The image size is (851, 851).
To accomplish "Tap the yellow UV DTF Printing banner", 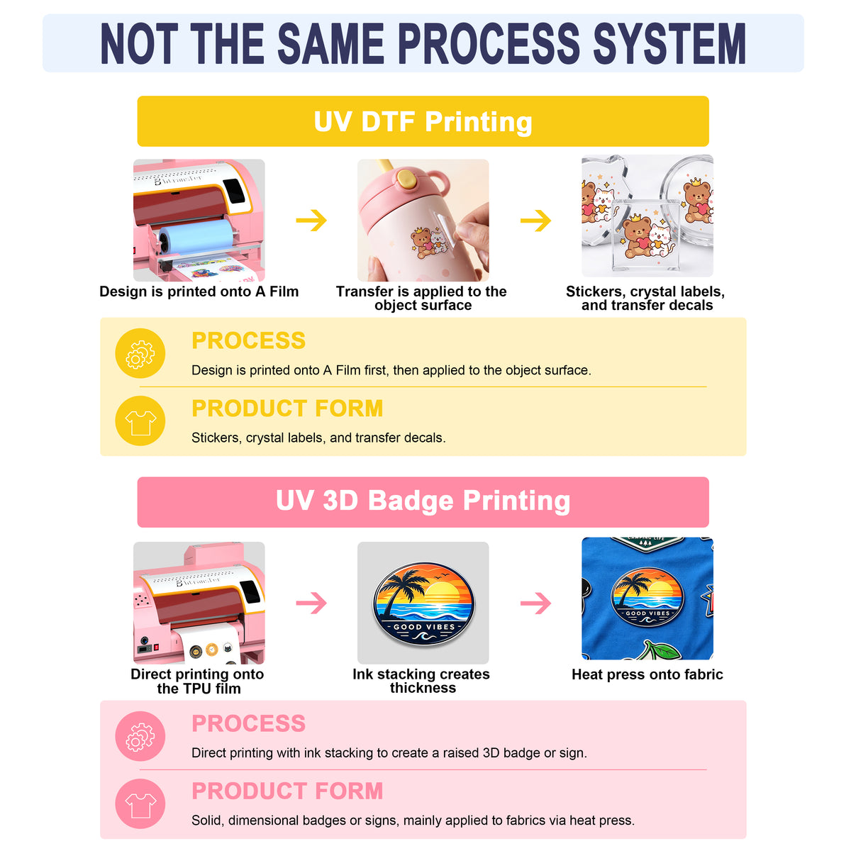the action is tap(423, 121).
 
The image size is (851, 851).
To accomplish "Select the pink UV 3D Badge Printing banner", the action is tap(423, 501).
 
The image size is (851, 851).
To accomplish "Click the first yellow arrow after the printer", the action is tap(311, 220).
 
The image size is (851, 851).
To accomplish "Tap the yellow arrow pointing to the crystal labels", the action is tap(535, 220).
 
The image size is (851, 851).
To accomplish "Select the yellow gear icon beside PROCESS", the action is tap(140, 353).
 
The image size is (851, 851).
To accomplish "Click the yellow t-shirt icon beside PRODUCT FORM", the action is tap(140, 421).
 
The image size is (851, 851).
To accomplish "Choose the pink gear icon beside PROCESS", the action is tap(140, 736).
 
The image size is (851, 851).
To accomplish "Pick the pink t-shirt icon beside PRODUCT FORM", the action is tap(140, 803).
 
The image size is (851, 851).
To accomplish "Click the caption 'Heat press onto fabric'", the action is tap(647, 674).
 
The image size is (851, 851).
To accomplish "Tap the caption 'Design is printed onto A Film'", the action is tap(199, 291).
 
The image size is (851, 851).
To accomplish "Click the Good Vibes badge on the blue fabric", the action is tap(647, 596).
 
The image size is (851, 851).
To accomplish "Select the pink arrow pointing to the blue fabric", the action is tap(535, 603).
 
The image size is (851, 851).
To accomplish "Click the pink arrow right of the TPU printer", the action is tap(311, 603).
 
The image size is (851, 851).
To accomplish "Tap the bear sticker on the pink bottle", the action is tap(422, 243).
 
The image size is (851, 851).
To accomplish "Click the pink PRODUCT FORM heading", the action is tap(287, 791).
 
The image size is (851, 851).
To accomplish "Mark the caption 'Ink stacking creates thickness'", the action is tap(421, 681).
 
